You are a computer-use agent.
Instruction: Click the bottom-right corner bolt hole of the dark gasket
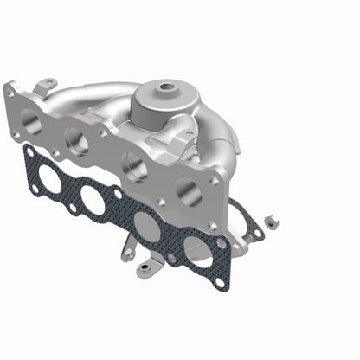220,281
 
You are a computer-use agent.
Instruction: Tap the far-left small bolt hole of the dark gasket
28,151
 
